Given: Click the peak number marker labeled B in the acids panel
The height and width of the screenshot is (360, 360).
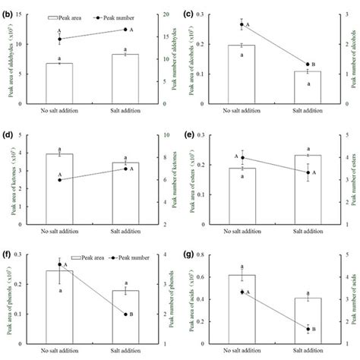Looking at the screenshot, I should pyautogui.click(x=307, y=329).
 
